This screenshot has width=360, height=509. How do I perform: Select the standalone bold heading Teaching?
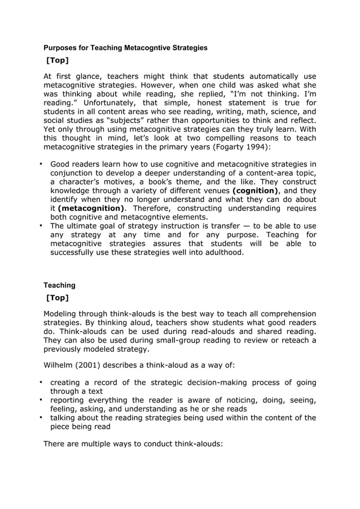point(59,286)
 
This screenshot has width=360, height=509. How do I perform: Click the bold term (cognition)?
point(257,190)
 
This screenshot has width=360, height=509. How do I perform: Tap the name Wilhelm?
point(60,364)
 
